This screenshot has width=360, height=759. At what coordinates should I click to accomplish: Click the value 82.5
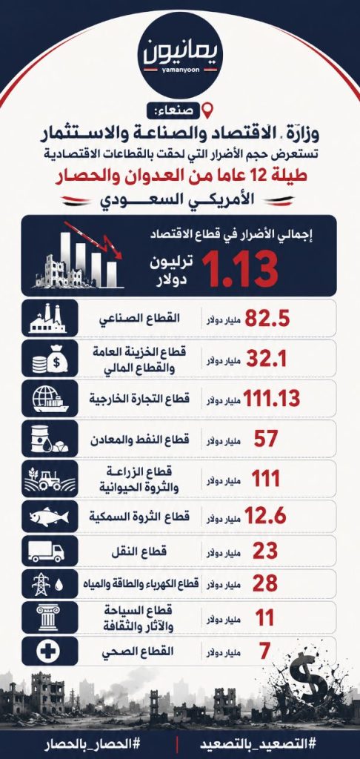pyautogui.click(x=267, y=318)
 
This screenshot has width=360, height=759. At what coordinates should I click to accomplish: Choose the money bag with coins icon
pyautogui.click(x=50, y=359)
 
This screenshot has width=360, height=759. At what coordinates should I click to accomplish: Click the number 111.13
pyautogui.click(x=271, y=398)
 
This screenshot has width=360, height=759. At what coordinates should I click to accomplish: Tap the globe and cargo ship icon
pyautogui.click(x=50, y=398)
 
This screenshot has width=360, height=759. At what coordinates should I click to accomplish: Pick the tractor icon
pyautogui.click(x=50, y=479)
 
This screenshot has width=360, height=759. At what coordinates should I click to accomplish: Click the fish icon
pyautogui.click(x=49, y=517)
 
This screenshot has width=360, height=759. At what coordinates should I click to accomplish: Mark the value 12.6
pyautogui.click(x=266, y=517)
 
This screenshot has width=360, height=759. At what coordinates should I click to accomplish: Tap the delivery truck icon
pyautogui.click(x=46, y=551)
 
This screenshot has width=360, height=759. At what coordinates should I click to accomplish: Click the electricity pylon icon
pyautogui.click(x=41, y=583)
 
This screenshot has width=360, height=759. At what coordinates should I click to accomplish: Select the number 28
pyautogui.click(x=266, y=583)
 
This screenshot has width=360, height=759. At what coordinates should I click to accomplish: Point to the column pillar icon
pyautogui.click(x=48, y=617)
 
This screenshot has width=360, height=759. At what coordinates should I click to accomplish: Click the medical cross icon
pyautogui.click(x=49, y=651)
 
